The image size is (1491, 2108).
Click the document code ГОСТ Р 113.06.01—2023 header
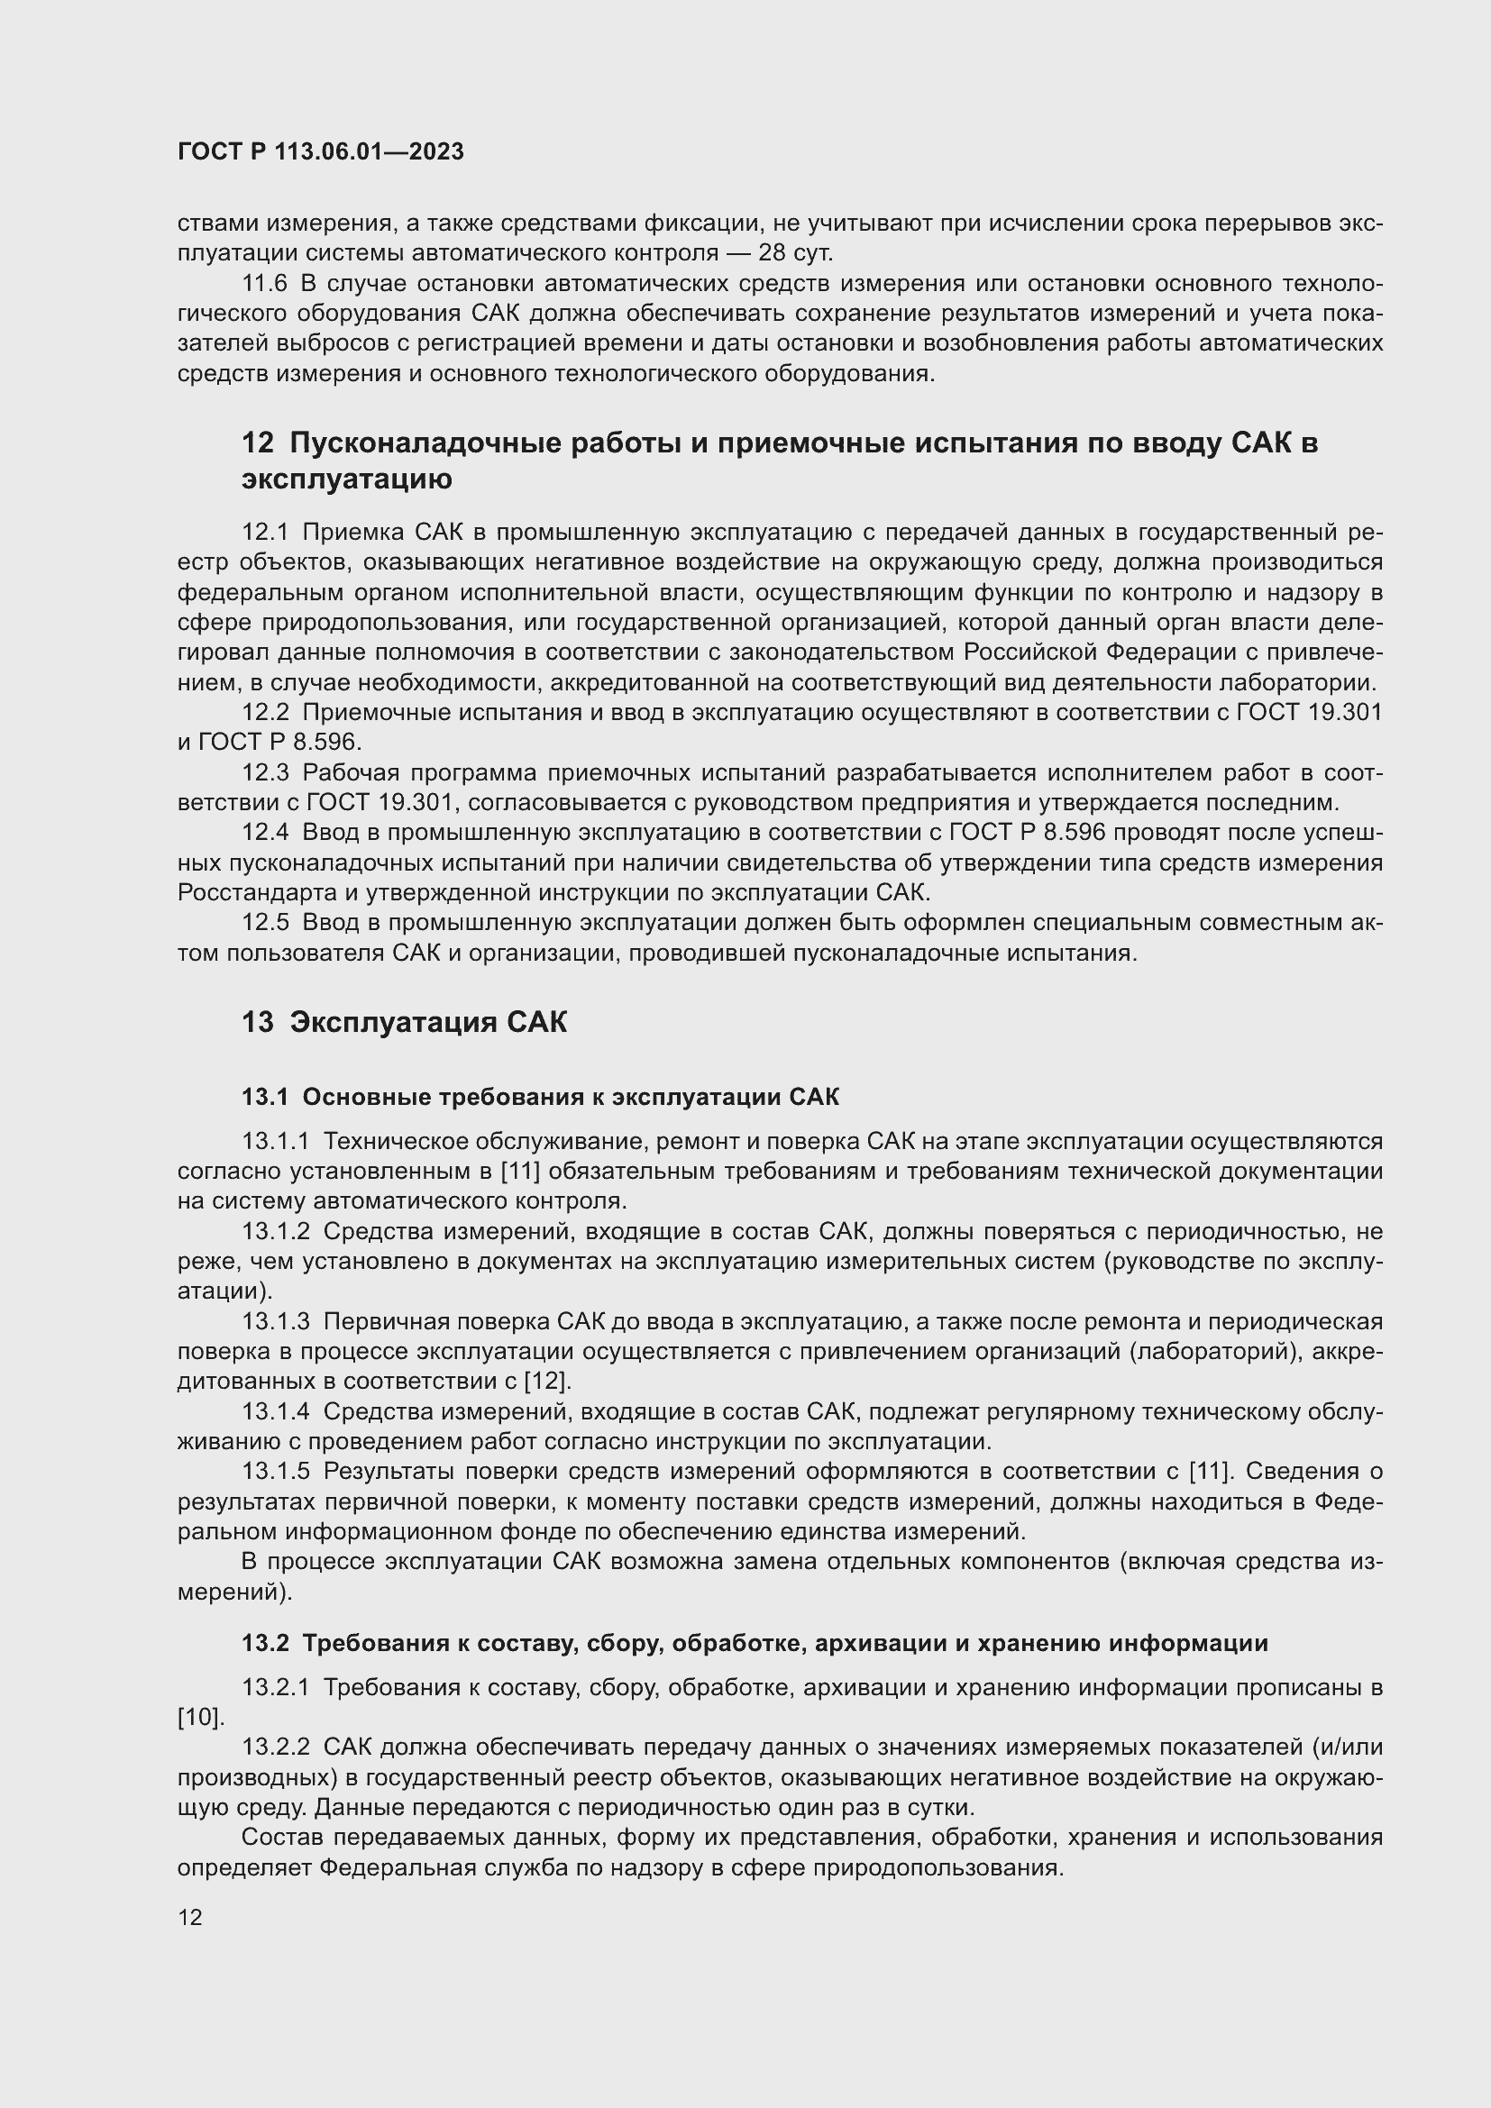320,152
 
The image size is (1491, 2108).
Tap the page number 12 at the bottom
190,1917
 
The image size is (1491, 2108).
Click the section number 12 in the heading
257,443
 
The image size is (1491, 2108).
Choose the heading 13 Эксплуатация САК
404,1023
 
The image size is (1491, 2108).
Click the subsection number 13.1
264,1097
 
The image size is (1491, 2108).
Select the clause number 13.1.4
276,1411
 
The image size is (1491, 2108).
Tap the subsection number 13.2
264,1644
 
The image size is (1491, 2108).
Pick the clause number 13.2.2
276,1748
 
